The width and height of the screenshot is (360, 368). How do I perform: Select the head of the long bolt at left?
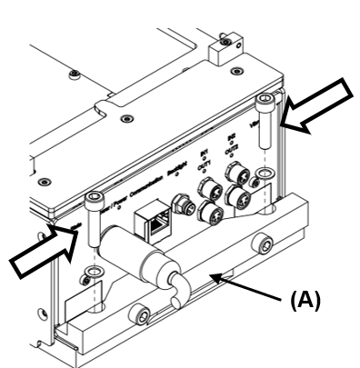(94, 199)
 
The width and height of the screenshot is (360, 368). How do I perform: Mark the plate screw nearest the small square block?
(236, 70)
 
